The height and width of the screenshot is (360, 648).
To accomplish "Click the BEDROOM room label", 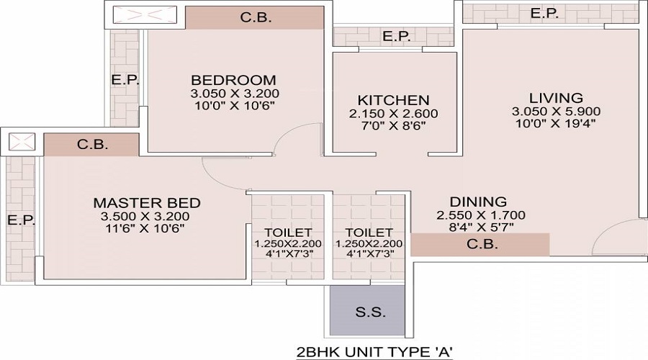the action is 233,80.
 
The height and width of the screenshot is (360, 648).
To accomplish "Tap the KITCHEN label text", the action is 393,100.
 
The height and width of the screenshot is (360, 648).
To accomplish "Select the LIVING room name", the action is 557,98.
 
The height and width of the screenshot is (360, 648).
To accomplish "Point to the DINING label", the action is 478,202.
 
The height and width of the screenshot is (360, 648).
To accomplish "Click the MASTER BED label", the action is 147,203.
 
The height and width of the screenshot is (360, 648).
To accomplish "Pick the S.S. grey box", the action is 367,310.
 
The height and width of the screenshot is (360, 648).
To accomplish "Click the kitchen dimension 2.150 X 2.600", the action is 393,113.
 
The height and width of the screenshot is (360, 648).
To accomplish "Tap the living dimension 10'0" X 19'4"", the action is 557,123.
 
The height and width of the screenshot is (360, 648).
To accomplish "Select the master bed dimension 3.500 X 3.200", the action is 145,216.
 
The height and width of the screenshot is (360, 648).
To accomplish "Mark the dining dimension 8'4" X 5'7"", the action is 481,227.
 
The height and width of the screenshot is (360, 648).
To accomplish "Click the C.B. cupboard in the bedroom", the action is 255,18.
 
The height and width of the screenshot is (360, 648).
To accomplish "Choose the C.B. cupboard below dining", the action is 480,244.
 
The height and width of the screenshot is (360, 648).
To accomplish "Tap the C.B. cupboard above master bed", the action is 91,144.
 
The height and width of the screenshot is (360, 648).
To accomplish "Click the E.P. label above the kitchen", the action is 396,37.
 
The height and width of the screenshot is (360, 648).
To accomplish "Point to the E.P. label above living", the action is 545,13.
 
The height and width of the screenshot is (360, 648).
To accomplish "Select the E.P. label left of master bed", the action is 21,220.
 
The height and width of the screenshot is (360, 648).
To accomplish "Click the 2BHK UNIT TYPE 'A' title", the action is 375,352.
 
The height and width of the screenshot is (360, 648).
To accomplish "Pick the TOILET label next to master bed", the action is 288,233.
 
